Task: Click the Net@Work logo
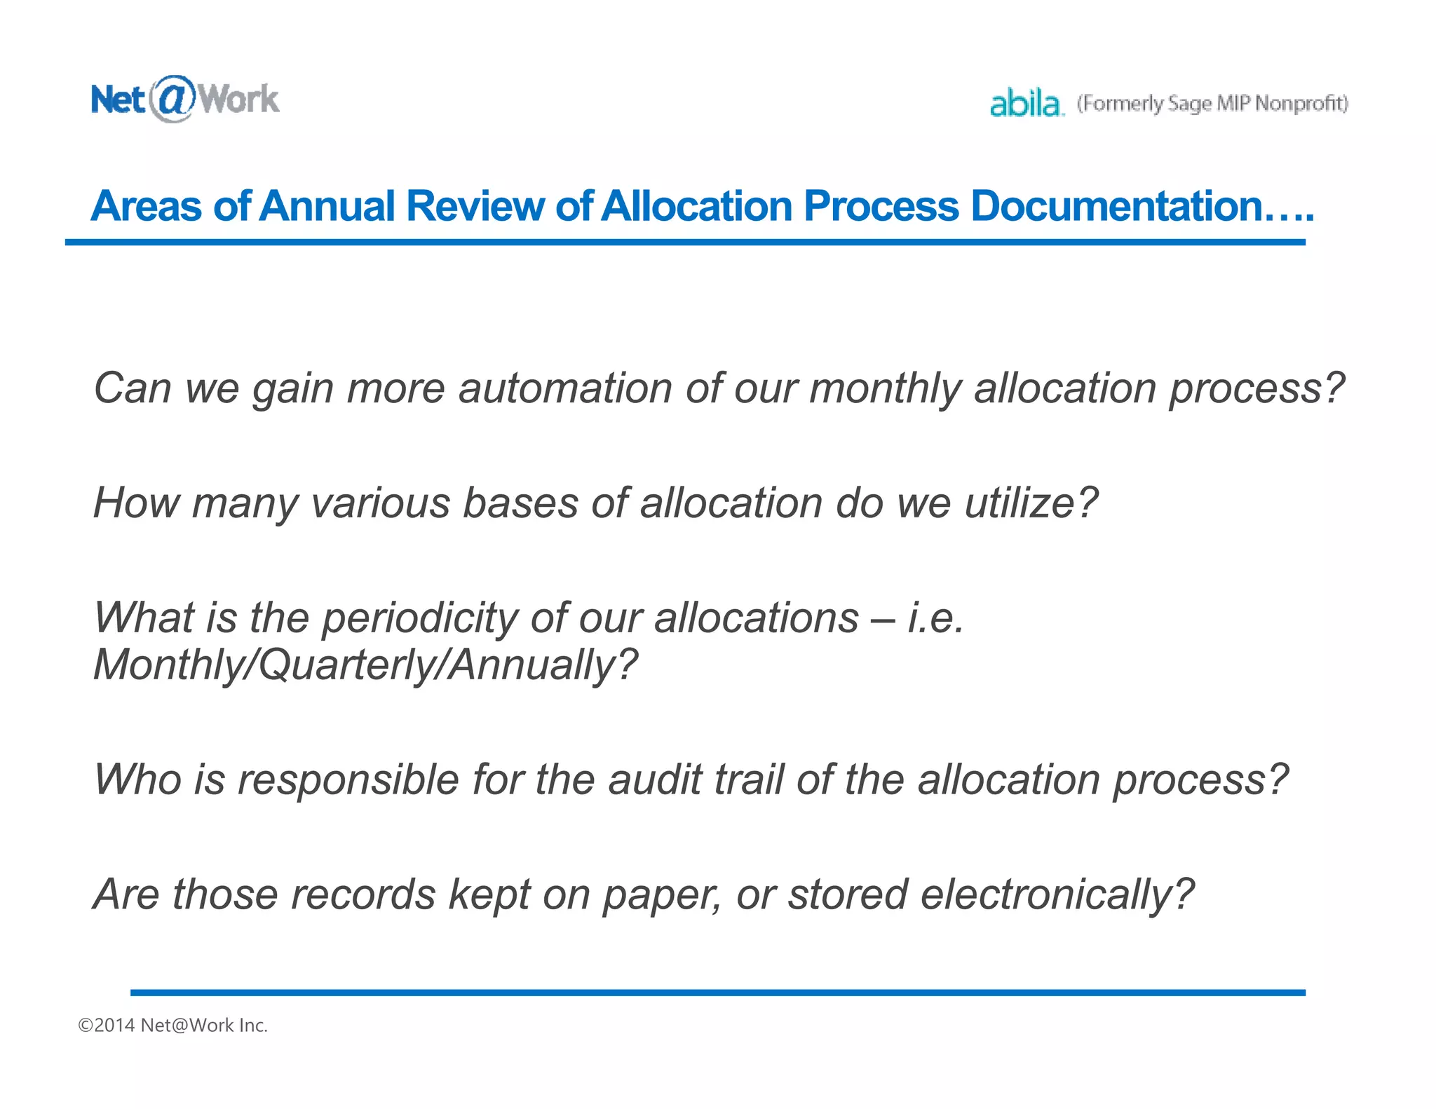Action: pyautogui.click(x=184, y=100)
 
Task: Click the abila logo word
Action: pyautogui.click(x=1026, y=104)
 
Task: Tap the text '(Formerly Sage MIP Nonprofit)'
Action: pyautogui.click(x=1212, y=104)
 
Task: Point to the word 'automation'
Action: pyautogui.click(x=565, y=388)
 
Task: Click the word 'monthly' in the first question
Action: pyautogui.click(x=885, y=390)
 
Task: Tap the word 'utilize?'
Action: pyautogui.click(x=1031, y=503)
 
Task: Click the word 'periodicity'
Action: pyautogui.click(x=419, y=619)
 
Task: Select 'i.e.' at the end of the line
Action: pyautogui.click(x=935, y=619)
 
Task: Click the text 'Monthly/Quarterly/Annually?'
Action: pyautogui.click(x=365, y=665)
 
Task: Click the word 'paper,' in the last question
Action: pyautogui.click(x=662, y=896)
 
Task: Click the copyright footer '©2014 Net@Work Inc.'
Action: pyautogui.click(x=173, y=1026)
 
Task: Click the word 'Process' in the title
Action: pyautogui.click(x=880, y=206)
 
